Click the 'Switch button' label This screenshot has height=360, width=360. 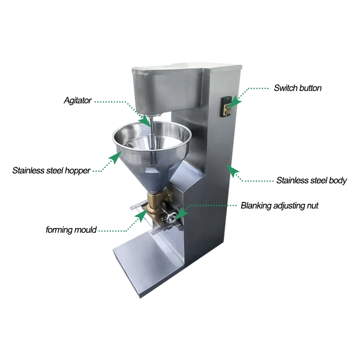click(297, 88)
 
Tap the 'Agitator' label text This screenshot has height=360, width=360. click(77, 100)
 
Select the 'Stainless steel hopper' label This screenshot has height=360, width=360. click(51, 171)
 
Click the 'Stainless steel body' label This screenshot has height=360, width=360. click(311, 180)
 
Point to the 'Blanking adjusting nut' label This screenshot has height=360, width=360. click(279, 206)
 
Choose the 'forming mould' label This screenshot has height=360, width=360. click(71, 230)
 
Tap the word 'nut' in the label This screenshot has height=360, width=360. click(312, 206)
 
